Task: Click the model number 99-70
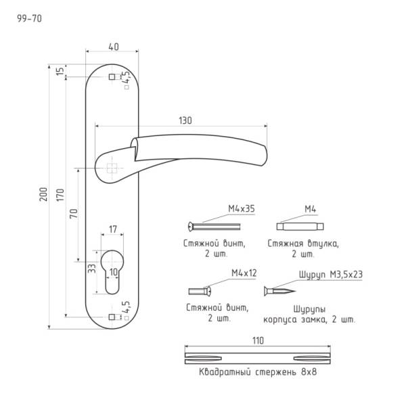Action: pos(29,19)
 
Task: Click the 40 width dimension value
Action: pos(114,47)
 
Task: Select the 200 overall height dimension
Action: pos(43,194)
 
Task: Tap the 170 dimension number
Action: pos(60,195)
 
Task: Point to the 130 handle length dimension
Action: pos(185,120)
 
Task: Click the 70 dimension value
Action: pos(74,213)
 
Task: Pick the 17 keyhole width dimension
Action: pos(112,229)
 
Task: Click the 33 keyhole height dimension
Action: pos(92,268)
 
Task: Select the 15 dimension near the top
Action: pos(60,71)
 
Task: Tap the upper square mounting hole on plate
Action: pos(112,77)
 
